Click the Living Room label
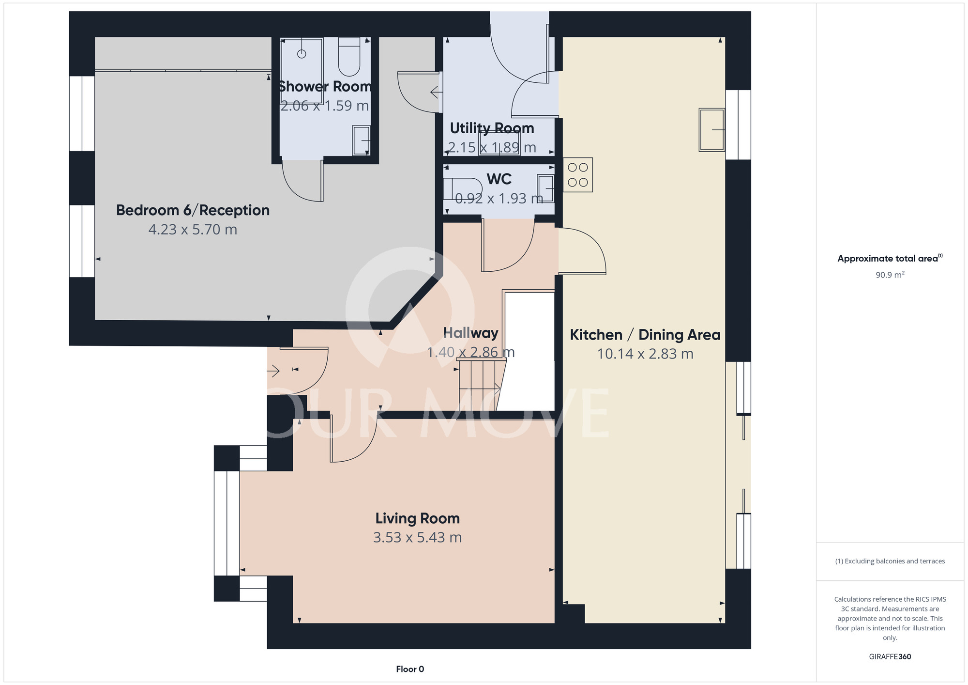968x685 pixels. pyautogui.click(x=417, y=518)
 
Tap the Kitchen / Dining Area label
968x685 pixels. pyautogui.click(x=645, y=335)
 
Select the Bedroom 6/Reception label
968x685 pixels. pyautogui.click(x=193, y=210)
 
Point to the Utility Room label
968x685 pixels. pyautogui.click(x=492, y=128)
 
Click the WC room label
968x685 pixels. pyautogui.click(x=499, y=179)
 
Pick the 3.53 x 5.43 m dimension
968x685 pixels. pyautogui.click(x=417, y=537)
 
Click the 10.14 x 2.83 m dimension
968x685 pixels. pyautogui.click(x=645, y=354)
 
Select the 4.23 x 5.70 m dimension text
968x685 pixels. pyautogui.click(x=193, y=229)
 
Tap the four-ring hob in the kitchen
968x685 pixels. pyautogui.click(x=578, y=175)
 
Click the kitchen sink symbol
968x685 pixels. pyautogui.click(x=712, y=130)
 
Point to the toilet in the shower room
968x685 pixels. pyautogui.click(x=349, y=57)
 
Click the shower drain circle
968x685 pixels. pyautogui.click(x=302, y=54)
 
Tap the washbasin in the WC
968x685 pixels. pyautogui.click(x=546, y=189)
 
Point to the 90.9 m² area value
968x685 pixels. pyautogui.click(x=890, y=275)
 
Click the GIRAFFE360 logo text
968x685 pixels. pyautogui.click(x=890, y=657)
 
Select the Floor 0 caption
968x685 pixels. pyautogui.click(x=410, y=669)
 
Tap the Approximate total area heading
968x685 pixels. pyautogui.click(x=890, y=258)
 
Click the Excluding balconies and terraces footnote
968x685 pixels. pyautogui.click(x=890, y=561)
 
